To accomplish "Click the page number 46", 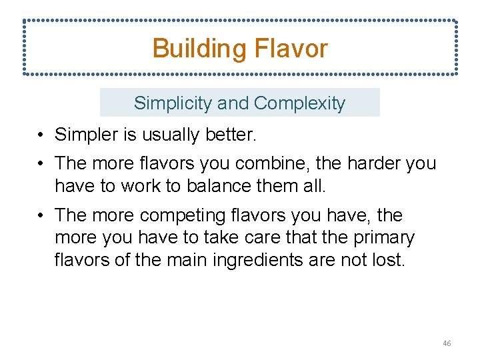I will click(x=447, y=343).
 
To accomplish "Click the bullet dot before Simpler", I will click(x=41, y=135).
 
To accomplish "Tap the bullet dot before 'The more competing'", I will click(x=41, y=216).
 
